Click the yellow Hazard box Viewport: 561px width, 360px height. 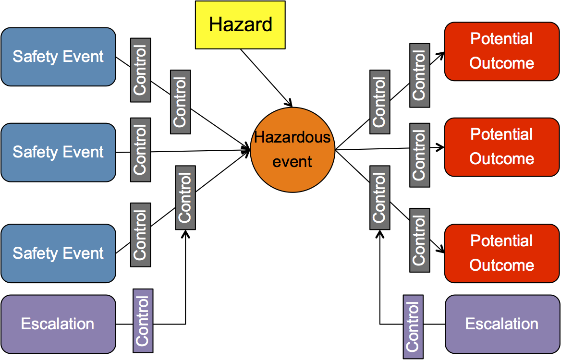point(240,24)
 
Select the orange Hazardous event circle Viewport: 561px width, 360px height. point(292,150)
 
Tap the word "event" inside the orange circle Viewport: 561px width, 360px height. point(292,161)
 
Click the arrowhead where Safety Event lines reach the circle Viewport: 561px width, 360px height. point(248,150)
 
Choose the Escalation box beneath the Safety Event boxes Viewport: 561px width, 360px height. point(58,324)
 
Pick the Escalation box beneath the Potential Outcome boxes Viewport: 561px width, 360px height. point(502,324)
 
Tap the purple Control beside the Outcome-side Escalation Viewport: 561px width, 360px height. point(413,327)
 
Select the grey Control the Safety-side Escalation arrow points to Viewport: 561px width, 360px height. point(185,197)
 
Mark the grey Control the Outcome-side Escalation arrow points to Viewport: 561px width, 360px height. point(380,197)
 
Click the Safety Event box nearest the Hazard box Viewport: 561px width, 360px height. point(58,57)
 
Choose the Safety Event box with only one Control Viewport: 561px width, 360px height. point(58,152)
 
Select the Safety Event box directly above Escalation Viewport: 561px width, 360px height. point(58,253)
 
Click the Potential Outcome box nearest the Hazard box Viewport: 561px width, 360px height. point(502,51)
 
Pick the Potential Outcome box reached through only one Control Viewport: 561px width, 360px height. point(502,147)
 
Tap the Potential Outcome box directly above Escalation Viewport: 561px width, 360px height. point(502,253)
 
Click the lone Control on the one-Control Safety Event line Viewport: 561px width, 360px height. point(140,150)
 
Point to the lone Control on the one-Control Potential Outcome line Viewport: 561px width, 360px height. point(419,155)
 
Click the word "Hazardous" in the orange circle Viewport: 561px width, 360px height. point(292,137)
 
